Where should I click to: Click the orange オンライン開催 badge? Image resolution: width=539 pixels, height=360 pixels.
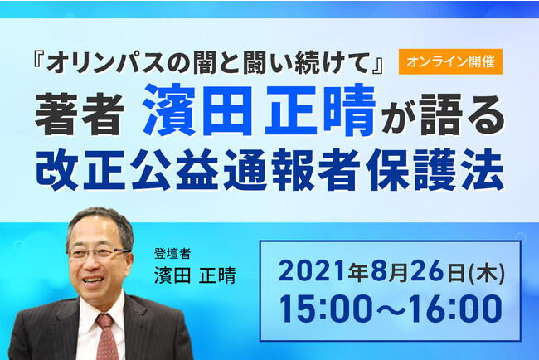(x=450, y=61)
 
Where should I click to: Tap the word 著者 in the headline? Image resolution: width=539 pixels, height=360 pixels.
(x=80, y=114)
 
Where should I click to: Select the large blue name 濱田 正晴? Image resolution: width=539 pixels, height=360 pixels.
(x=259, y=110)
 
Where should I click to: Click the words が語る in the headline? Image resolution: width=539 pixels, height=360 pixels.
(x=443, y=114)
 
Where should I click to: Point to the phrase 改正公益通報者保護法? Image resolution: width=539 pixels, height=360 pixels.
(x=269, y=170)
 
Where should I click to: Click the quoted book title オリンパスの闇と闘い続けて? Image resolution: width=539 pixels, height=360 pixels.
(x=207, y=62)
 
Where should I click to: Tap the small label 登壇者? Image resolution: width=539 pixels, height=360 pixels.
(x=172, y=254)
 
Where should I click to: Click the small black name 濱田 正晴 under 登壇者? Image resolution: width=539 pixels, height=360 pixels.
(x=195, y=275)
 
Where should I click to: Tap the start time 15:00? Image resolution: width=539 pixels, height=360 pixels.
(x=326, y=309)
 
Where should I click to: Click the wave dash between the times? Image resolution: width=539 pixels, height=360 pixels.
(x=391, y=309)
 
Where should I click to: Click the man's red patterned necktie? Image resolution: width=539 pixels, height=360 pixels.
(x=107, y=338)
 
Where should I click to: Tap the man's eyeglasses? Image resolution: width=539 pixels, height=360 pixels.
(x=99, y=254)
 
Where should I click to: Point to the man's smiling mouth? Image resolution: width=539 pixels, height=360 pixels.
(x=93, y=280)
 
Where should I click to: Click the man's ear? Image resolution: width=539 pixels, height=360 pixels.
(x=129, y=263)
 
